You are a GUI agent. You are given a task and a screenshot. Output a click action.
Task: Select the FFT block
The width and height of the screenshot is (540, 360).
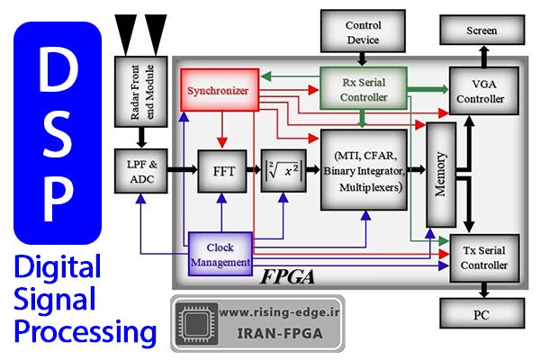click(x=221, y=170)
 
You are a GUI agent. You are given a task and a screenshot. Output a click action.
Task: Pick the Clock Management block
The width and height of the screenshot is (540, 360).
click(x=220, y=254)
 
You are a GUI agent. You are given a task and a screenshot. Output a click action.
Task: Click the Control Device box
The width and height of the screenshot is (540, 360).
click(x=364, y=32)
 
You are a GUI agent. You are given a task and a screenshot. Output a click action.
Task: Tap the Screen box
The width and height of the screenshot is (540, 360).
click(x=482, y=30)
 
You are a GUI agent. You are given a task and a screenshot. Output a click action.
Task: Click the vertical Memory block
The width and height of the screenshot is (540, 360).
click(x=441, y=175)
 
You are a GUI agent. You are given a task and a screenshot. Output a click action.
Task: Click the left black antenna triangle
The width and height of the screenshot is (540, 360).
click(x=124, y=30)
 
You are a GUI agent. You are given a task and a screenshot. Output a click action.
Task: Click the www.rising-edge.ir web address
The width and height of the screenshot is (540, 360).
click(x=279, y=313)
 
